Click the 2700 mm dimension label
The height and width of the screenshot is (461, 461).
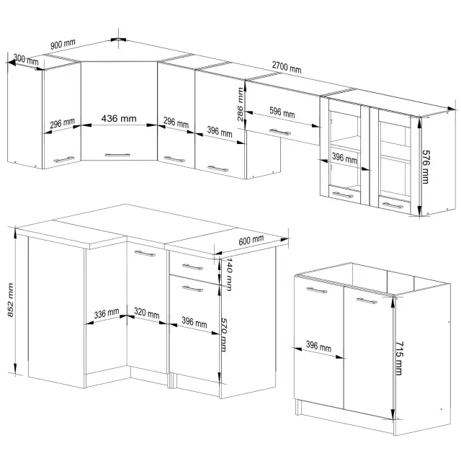(287, 67)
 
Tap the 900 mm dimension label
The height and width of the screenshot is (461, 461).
(63, 44)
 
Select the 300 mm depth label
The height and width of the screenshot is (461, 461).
(26, 59)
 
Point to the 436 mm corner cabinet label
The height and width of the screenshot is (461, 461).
(119, 118)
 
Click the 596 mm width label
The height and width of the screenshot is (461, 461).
(282, 112)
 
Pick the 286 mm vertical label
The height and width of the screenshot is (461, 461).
(240, 104)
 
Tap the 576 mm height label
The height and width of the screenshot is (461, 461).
(426, 166)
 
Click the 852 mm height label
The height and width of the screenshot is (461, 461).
(11, 300)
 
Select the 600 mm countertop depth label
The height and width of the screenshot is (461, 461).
(251, 240)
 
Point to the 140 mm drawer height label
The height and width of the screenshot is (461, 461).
(229, 274)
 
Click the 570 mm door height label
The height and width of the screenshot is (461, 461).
(224, 334)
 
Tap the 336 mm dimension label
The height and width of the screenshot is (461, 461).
(107, 313)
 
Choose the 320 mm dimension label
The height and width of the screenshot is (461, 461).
(147, 313)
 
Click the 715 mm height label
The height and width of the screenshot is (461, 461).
(399, 358)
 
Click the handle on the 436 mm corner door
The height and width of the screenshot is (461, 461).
(117, 155)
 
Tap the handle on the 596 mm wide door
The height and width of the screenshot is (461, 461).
(280, 132)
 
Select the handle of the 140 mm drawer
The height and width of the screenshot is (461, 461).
(192, 267)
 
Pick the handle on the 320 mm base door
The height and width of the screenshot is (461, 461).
(145, 253)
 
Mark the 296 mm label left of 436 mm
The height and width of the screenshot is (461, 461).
(62, 123)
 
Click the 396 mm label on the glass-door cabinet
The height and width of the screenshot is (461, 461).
(344, 158)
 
